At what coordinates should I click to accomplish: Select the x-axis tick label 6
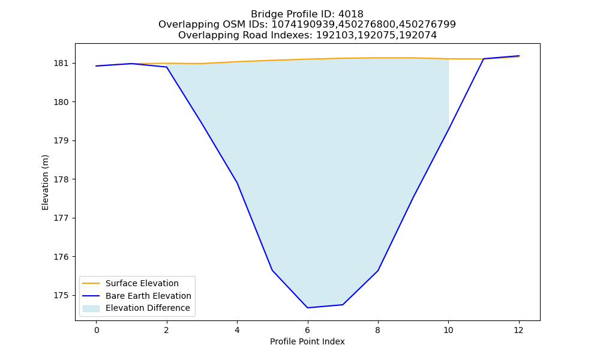307,330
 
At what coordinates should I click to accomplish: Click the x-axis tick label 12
518,330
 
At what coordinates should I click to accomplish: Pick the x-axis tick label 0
97,330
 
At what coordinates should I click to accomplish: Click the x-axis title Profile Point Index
307,341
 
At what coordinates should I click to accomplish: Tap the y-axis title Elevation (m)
45,182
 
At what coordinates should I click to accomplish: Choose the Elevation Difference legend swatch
91,308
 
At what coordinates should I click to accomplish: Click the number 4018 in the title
350,14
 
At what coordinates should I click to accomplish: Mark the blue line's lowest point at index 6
307,308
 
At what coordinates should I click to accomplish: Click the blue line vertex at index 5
272,271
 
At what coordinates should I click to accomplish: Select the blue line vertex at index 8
378,271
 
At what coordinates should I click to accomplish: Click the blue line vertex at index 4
237,183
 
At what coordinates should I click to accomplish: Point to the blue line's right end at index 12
519,56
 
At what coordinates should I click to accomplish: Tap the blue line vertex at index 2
166,67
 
